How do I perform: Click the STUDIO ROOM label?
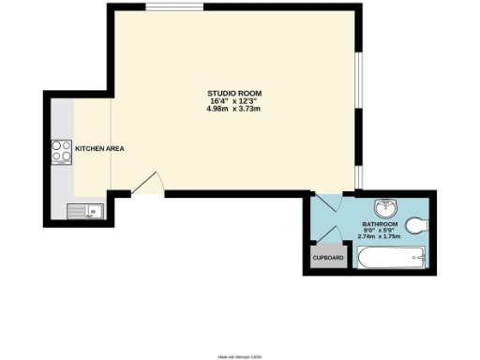point(233,93)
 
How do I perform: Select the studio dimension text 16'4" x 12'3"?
point(233,101)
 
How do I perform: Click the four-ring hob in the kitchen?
point(62,151)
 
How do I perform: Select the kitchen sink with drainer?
point(85,211)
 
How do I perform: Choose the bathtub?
point(390,258)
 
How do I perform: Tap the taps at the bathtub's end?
point(419,258)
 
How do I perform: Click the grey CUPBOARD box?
point(327,258)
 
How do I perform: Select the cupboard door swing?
point(339,236)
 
